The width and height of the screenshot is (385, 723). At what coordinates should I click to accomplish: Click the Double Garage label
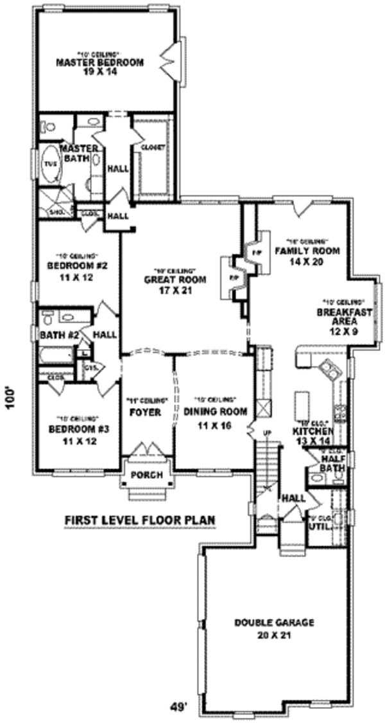(273, 627)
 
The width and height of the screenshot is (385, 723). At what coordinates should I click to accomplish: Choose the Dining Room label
(208, 416)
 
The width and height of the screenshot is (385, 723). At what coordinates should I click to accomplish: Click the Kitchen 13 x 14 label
(312, 436)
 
